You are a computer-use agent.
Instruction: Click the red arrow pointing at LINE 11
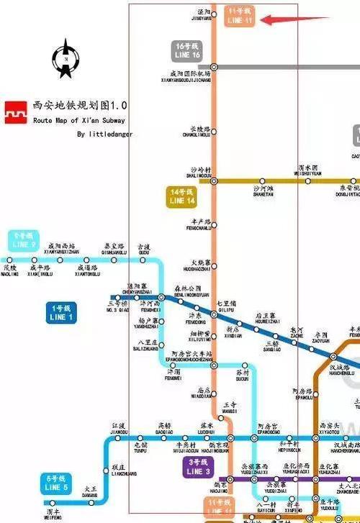tap(278, 19)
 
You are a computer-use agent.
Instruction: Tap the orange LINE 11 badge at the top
tap(239, 17)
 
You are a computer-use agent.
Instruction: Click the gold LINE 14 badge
tap(182, 197)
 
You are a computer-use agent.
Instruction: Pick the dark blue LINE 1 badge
tap(62, 313)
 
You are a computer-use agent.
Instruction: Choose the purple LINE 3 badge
tap(198, 467)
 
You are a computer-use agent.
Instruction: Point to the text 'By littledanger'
tap(105, 134)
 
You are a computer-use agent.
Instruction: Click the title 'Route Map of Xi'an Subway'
tap(79, 121)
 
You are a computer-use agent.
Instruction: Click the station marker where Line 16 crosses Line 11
tap(214, 67)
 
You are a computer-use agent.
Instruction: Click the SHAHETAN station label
tap(264, 191)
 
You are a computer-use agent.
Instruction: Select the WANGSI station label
tap(230, 407)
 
